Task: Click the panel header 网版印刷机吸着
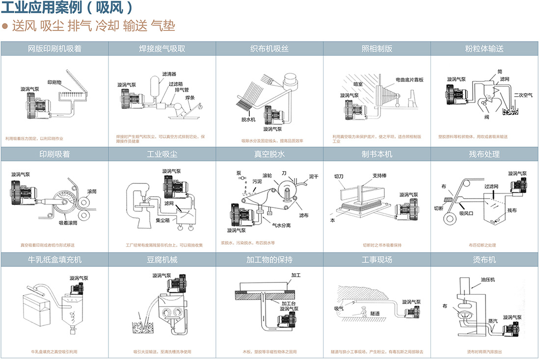coord(54,49)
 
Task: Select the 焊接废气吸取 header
coord(162,49)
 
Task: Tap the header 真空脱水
coord(270,154)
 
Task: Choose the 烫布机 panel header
coord(485,259)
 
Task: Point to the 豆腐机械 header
coord(162,259)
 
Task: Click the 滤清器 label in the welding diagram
coord(169,74)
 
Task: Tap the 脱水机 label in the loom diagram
coord(248,119)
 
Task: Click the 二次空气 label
coord(523,95)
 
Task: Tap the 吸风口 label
coord(466,213)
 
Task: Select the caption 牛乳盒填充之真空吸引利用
coord(54,352)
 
